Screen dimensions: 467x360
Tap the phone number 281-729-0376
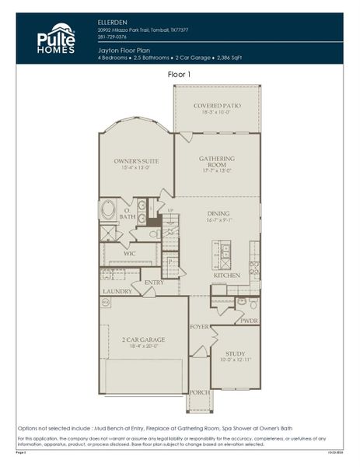113,36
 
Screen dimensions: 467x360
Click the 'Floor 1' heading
179,74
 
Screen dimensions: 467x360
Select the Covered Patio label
216,105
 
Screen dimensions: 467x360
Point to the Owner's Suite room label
136,161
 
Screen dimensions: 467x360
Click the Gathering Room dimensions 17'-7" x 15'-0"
217,170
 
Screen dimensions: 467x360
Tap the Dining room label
218,213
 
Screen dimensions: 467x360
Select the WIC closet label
129,253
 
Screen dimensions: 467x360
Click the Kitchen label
226,276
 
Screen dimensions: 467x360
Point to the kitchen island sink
224,251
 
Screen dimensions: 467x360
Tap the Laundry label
117,292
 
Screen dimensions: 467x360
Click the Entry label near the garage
153,283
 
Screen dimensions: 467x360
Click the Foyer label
199,327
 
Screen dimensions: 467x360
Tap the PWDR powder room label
249,320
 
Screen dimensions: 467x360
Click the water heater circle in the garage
107,303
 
